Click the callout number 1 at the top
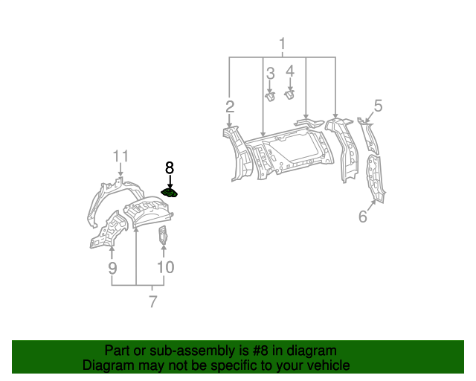tap(283, 45)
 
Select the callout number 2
tap(231, 106)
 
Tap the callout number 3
tap(270, 73)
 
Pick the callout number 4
tap(290, 71)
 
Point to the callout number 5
tap(378, 106)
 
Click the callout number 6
tap(363, 217)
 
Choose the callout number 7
tap(152, 301)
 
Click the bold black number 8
tap(170, 169)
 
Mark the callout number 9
tap(112, 268)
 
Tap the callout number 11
tap(120, 156)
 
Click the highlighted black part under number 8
tap(171, 193)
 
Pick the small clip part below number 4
tap(291, 95)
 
